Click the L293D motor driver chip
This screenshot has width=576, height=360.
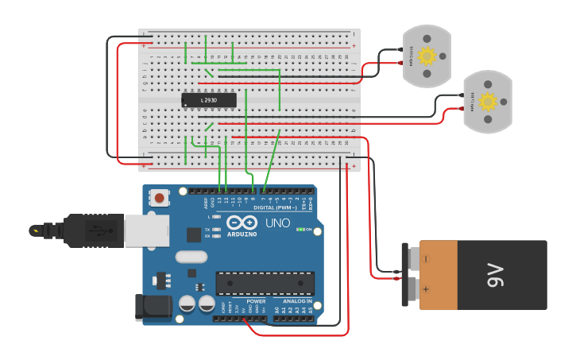(209, 100)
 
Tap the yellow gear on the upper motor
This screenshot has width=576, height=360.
(427, 56)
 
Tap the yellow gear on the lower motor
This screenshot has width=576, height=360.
(488, 102)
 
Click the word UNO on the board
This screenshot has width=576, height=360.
(277, 223)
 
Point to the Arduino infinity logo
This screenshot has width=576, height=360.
(242, 223)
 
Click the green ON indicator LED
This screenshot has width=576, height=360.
(300, 230)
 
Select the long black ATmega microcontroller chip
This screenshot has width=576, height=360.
(265, 282)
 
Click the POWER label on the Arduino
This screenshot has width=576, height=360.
(256, 301)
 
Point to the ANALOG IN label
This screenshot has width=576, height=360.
(298, 301)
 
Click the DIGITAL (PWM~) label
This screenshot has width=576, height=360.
(274, 207)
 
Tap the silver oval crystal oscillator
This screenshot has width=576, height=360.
(191, 257)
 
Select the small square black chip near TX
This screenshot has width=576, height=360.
(194, 234)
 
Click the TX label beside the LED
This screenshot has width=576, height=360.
(207, 228)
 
